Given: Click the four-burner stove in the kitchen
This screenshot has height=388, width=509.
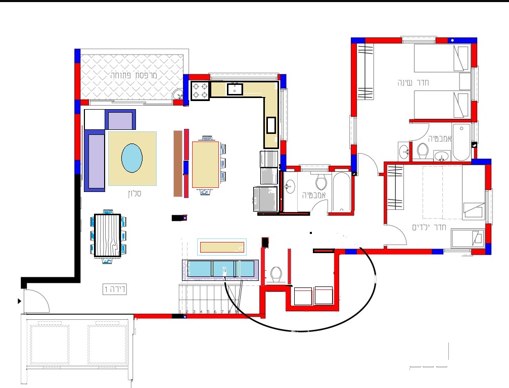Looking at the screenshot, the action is tap(200, 91).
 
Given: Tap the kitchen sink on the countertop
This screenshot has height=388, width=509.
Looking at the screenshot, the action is tap(235, 89).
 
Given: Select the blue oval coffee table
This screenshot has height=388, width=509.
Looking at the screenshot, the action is tap(132, 158).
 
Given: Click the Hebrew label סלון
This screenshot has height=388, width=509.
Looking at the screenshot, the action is tap(134, 193).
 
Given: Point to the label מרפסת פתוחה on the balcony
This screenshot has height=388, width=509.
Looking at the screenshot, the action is tap(134, 75).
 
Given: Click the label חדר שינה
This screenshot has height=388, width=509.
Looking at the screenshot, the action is tap(413, 83).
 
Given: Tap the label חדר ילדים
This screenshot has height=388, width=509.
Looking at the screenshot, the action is tap(429, 227).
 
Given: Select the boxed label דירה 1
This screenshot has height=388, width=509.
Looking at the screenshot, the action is tap(115, 289).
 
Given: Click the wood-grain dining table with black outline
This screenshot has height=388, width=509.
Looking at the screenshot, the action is tap(108, 235).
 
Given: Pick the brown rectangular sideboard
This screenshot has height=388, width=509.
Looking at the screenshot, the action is tap(177, 164).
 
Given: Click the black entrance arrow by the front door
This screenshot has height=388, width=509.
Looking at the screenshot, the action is tap(20, 301).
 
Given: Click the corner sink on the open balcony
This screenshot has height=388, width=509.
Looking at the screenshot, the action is tap(178, 95).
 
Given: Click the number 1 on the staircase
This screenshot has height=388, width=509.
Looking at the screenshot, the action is tap(180, 312).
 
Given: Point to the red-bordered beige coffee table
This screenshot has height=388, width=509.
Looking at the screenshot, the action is tap(222, 247).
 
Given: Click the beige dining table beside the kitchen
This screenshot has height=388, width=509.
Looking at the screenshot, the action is tap(205, 165).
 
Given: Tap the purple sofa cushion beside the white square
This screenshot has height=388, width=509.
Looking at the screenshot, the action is tap(120, 120).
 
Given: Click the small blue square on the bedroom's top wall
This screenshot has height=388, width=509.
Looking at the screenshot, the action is tap(452, 40).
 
